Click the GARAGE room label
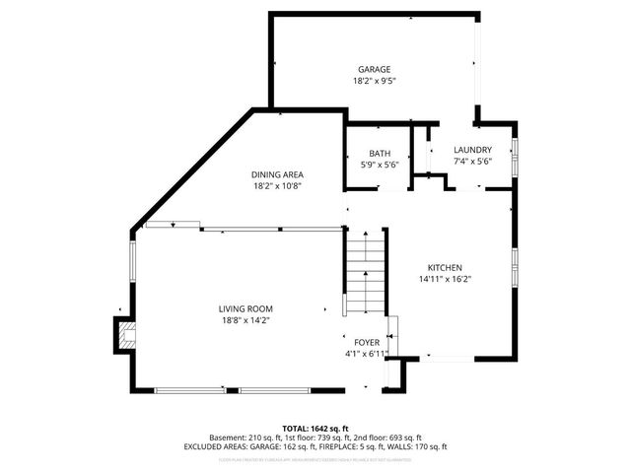375,70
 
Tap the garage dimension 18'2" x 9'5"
375,82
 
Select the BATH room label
380,153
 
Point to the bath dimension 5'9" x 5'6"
380,164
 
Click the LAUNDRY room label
472,150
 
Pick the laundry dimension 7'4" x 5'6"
472,161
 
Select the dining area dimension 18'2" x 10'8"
277,185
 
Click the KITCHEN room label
445,268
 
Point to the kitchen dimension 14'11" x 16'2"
445,280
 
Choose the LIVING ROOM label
245,308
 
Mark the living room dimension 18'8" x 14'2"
245,320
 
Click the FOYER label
367,342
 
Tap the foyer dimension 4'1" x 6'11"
367,353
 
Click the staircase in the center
363,271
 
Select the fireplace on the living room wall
123,335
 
